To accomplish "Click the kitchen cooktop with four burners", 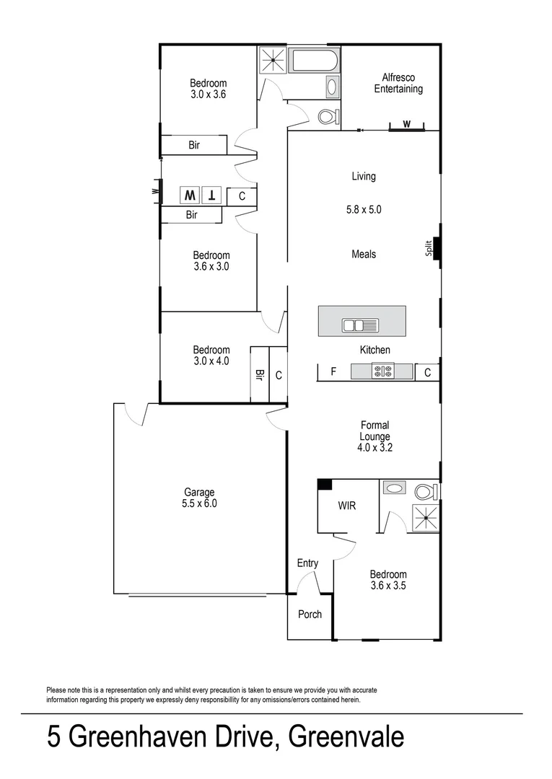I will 382,372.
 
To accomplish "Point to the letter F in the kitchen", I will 333,372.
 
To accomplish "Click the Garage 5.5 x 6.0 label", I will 200,498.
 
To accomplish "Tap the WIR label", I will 347,506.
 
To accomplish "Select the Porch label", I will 310,615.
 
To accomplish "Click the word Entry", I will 307,563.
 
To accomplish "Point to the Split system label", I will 429,248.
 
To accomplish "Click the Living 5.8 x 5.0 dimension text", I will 364,211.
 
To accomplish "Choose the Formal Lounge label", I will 374,436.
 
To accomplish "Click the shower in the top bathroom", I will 273,61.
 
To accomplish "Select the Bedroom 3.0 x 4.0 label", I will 211,356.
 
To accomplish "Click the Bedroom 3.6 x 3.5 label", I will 388,580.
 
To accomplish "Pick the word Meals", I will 364,254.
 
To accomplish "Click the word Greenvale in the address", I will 346,737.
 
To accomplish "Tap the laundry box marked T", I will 211,195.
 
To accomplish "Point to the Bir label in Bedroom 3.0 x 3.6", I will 194,145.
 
